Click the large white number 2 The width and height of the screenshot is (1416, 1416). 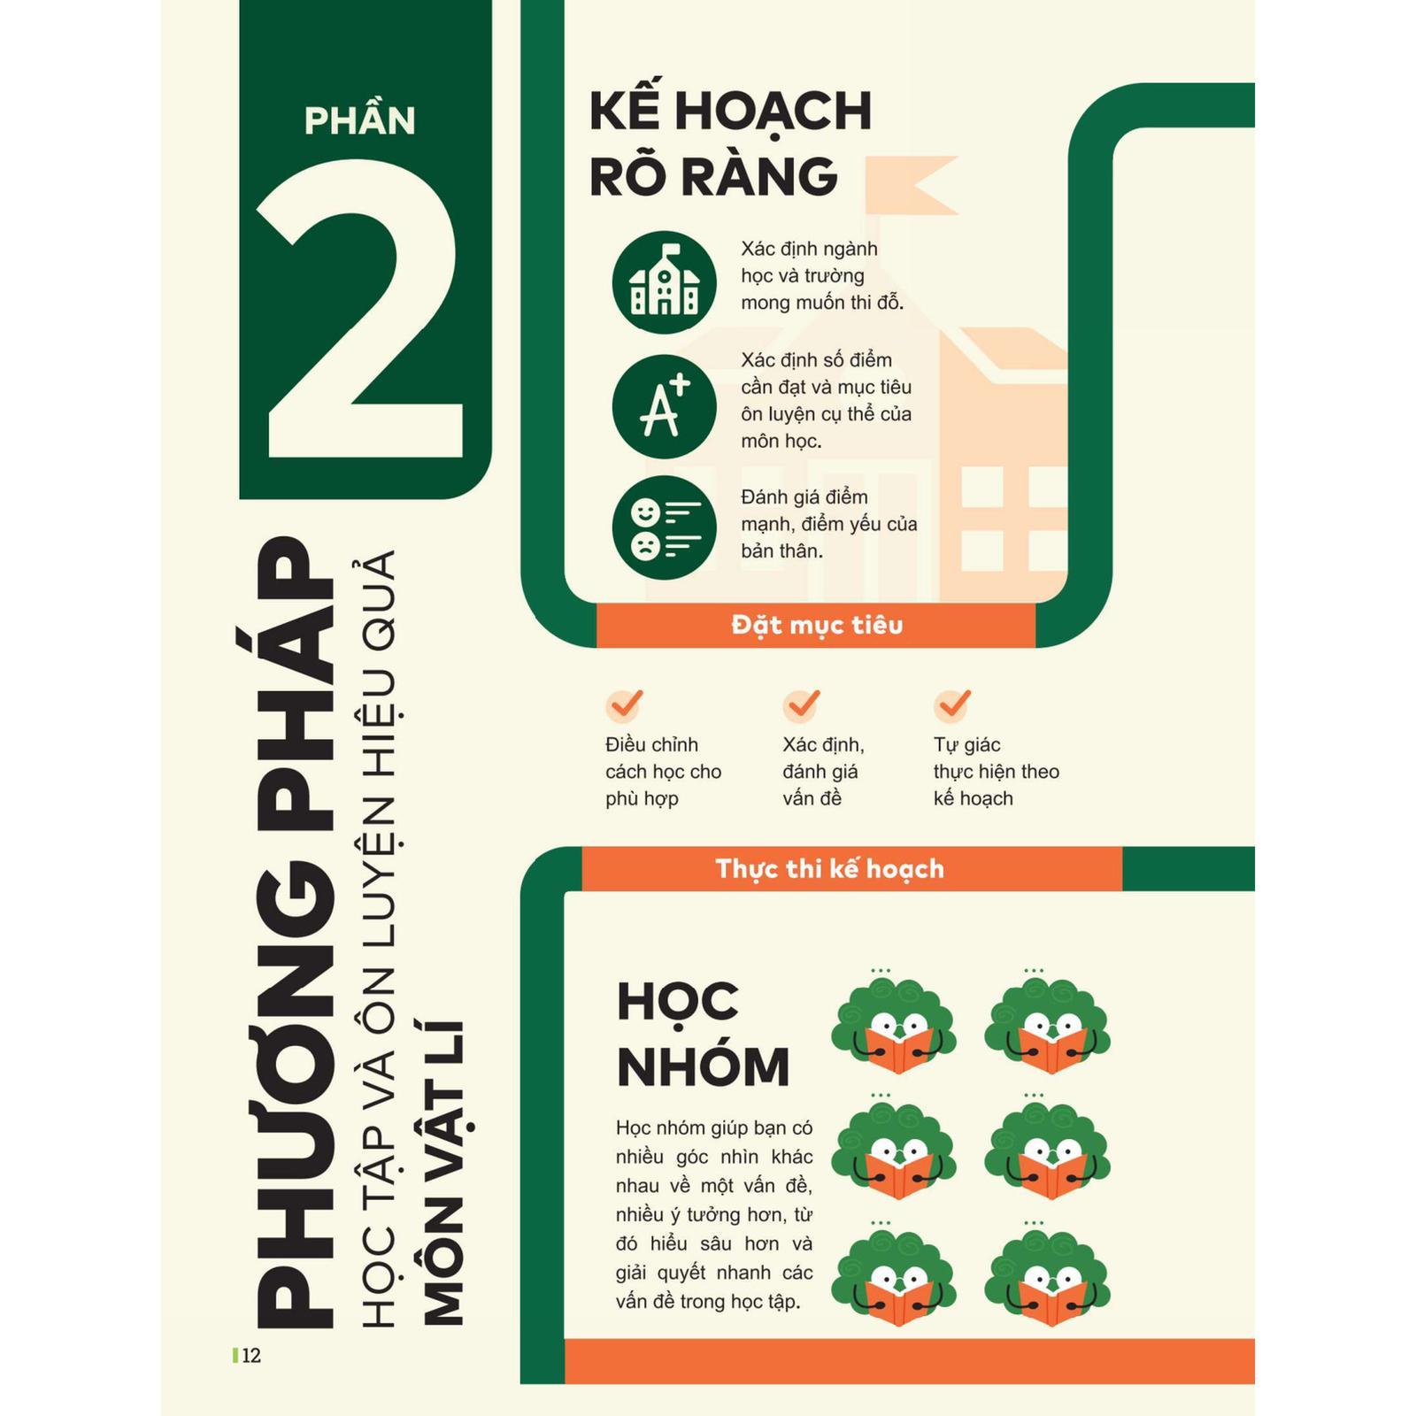361,310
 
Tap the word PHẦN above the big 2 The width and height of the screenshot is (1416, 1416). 359,120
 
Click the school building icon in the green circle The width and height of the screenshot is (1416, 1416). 664,282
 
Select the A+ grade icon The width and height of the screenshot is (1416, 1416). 664,407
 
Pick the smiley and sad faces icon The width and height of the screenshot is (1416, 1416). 664,527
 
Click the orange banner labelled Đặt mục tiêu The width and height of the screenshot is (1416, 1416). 816,625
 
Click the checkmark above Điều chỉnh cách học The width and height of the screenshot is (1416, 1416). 625,704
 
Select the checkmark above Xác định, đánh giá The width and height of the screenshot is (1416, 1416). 802,704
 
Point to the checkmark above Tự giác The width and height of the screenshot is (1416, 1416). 953,704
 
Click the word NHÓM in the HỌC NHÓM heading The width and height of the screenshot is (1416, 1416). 704,1066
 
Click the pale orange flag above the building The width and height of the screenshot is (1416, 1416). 912,185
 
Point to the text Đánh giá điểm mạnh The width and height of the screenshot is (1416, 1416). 804,511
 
